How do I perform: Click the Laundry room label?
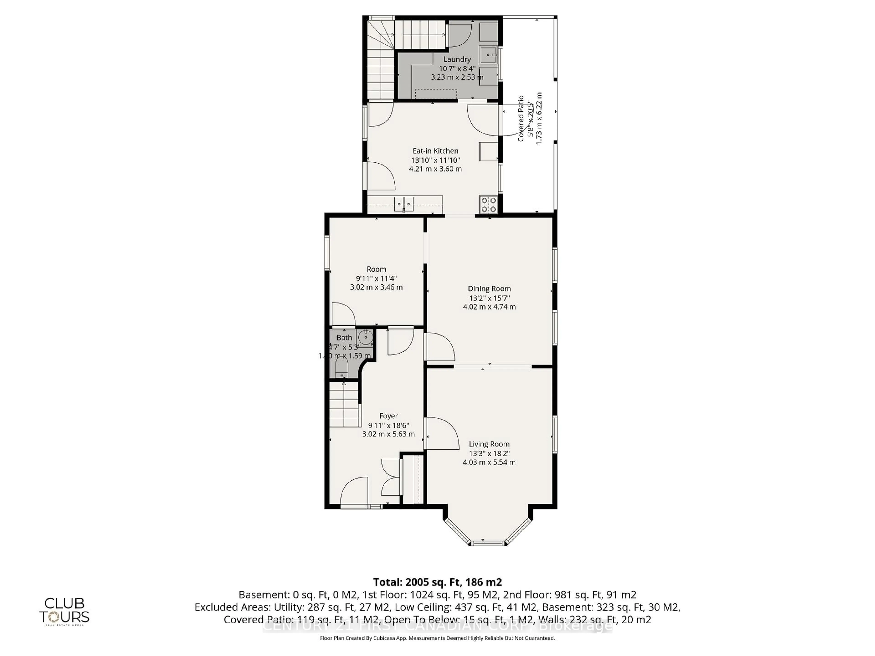(x=457, y=59)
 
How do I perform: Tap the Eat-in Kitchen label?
(x=435, y=151)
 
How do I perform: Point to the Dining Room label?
(x=489, y=289)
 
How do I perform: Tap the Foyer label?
(x=389, y=416)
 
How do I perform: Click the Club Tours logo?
(x=64, y=611)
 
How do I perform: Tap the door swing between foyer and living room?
(x=441, y=433)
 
